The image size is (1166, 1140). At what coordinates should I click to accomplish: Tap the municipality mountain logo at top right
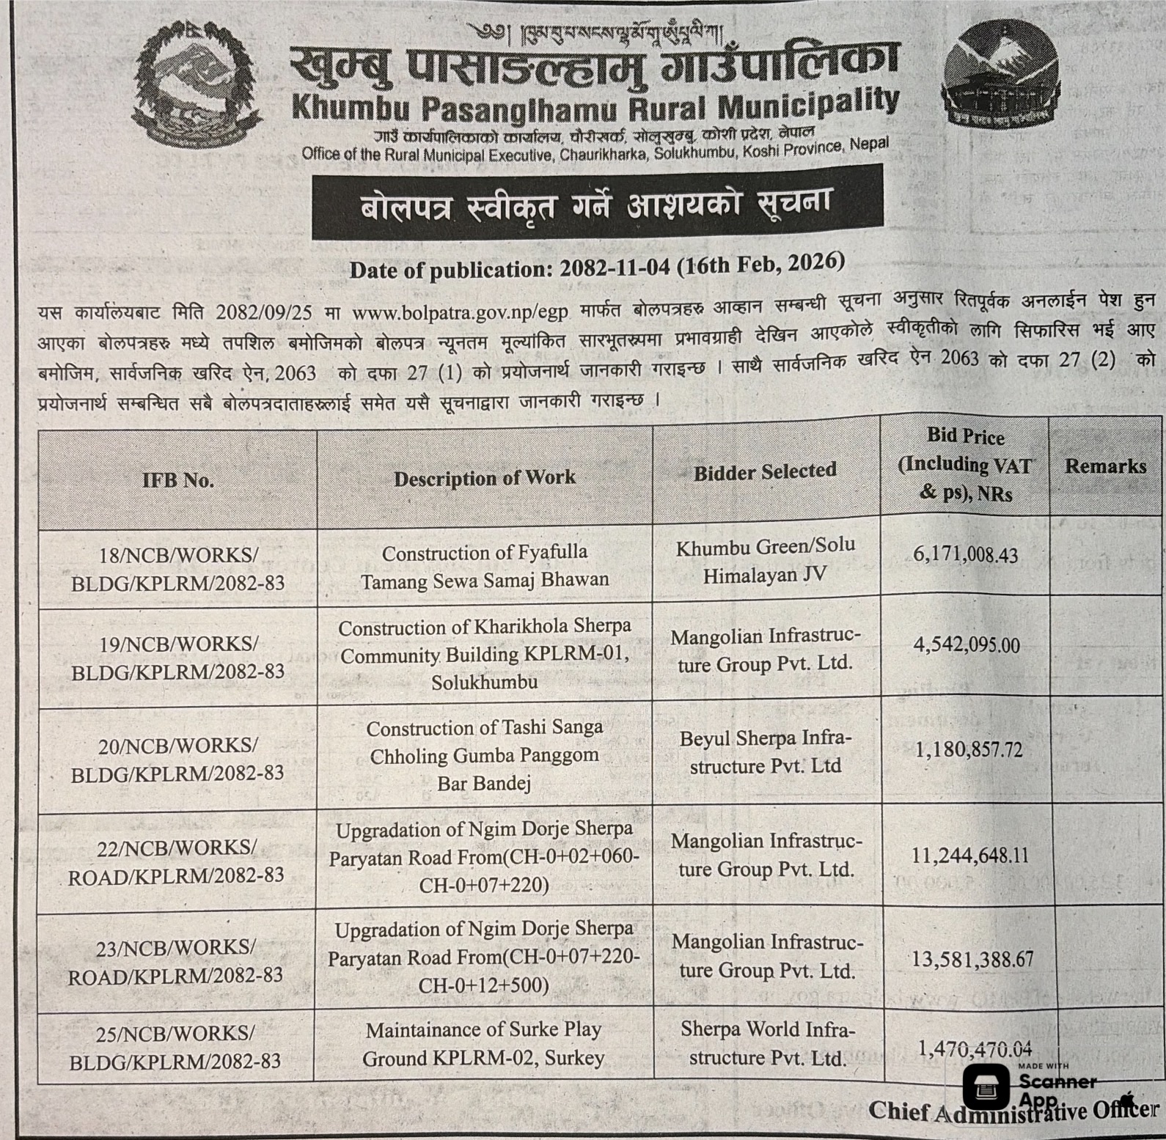tap(1000, 85)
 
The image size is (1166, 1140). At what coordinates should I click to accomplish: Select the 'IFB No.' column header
tap(178, 480)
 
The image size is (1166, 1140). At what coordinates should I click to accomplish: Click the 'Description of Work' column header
tap(485, 478)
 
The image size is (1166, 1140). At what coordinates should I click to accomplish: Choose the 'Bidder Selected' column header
tap(765, 471)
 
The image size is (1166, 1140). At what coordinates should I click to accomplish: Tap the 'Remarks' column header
tap(1105, 466)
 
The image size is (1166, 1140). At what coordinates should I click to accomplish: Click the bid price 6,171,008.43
tap(965, 554)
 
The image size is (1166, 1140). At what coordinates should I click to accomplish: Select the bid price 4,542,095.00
tap(966, 645)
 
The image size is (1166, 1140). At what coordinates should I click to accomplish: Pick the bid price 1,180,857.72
tap(968, 750)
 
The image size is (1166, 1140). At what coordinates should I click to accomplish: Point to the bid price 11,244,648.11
tap(969, 855)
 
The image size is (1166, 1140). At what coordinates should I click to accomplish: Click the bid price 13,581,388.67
tap(972, 959)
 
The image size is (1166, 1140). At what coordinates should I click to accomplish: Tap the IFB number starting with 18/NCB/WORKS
tap(178, 569)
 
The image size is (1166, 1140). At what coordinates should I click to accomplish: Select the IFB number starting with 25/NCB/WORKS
tap(175, 1047)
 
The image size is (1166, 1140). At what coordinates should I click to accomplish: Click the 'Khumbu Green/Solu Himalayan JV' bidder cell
tap(765, 560)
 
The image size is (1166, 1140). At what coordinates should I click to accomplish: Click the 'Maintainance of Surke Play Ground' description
tap(483, 1044)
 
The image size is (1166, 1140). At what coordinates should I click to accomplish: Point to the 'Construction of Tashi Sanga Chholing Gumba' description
tap(484, 755)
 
